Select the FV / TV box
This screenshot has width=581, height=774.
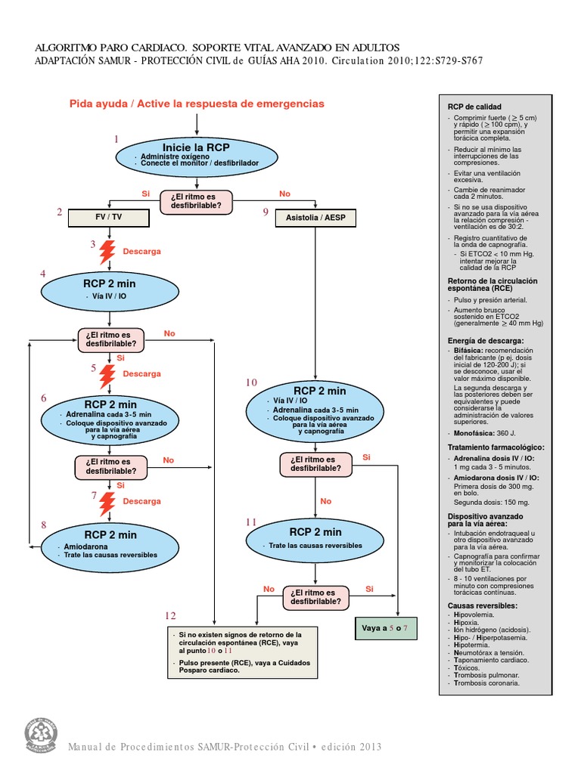(109, 217)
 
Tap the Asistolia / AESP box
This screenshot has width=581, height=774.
(315, 218)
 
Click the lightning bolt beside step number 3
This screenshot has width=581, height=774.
(108, 251)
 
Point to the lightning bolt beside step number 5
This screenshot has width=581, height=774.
(108, 373)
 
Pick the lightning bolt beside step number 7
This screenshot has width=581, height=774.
(109, 501)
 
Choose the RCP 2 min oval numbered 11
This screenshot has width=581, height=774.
(315, 537)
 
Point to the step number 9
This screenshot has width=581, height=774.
(266, 213)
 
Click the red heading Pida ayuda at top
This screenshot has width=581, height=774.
(197, 104)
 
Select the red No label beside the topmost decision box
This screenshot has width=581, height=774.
(284, 194)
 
